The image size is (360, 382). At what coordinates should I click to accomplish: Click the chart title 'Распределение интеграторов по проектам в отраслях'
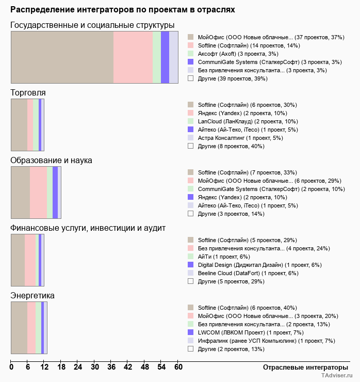123,10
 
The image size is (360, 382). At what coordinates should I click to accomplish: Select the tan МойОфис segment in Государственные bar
62,57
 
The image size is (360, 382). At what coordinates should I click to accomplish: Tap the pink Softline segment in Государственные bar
133,57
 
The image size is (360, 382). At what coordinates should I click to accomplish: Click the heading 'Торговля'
28,92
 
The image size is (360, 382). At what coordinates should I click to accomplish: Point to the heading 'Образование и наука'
51,160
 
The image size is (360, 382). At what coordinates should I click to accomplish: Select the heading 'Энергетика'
32,295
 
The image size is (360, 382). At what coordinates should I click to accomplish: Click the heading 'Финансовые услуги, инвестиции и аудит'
88,228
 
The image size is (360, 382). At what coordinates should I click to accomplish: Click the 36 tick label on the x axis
111,368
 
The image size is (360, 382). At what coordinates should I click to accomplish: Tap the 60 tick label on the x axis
178,368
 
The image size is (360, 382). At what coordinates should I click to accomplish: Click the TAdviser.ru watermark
337,376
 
